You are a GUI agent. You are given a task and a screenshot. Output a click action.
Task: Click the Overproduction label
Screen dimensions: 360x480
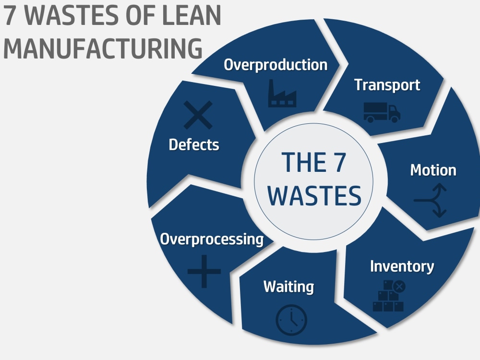point(276,65)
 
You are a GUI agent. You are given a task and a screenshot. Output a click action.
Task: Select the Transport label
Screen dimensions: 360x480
point(387,85)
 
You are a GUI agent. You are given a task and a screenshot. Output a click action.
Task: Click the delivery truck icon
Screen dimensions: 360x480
point(382,112)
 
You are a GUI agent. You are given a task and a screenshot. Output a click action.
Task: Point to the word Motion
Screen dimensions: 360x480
point(433,170)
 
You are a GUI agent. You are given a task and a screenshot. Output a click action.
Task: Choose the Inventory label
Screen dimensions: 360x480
point(402,266)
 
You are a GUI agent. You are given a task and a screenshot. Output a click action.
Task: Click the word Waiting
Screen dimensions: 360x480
point(288,287)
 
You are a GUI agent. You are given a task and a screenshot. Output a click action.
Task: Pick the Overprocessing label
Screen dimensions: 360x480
point(212,239)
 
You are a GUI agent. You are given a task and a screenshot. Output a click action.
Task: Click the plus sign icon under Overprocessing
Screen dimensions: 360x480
point(204,271)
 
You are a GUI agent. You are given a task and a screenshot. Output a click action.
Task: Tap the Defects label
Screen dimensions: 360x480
point(194,145)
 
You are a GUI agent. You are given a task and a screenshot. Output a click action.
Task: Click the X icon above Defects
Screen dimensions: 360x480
point(198,115)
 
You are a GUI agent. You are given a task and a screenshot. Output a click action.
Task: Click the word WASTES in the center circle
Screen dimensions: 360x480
point(314,195)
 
